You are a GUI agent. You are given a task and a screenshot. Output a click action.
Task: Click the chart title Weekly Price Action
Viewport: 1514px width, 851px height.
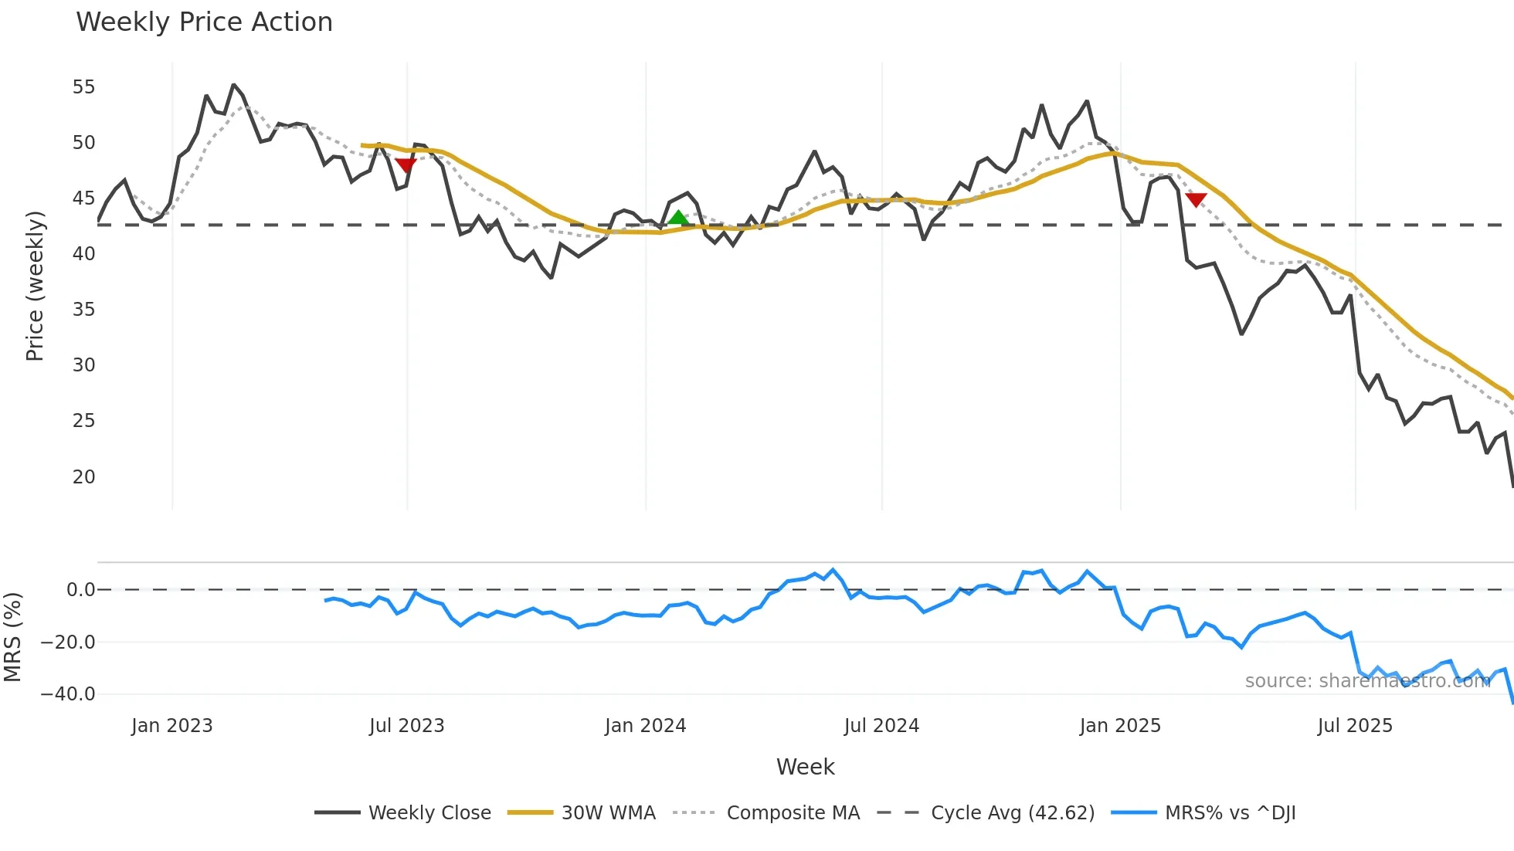click(x=204, y=22)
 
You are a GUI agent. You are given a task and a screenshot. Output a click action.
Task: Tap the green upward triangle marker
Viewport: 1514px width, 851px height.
click(x=678, y=218)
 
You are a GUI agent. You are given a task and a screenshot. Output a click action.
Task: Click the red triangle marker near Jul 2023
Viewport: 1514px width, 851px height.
click(x=406, y=164)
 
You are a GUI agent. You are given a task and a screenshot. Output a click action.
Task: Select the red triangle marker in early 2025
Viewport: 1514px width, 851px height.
click(x=1196, y=200)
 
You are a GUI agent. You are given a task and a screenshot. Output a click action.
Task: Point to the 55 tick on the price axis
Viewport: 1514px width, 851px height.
click(x=83, y=87)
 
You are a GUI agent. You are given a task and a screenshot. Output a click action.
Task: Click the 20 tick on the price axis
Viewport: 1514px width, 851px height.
click(x=83, y=477)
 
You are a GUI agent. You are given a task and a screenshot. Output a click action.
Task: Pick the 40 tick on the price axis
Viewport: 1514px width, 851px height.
click(x=83, y=254)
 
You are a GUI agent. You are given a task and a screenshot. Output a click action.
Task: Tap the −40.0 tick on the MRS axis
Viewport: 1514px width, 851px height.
click(x=68, y=694)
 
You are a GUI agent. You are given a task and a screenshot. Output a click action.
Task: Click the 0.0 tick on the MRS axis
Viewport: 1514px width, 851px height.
click(x=80, y=590)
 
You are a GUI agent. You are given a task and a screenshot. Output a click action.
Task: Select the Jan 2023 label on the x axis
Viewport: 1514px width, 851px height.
click(x=171, y=726)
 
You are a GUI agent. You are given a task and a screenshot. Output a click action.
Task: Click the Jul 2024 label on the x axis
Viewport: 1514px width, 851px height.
click(x=881, y=726)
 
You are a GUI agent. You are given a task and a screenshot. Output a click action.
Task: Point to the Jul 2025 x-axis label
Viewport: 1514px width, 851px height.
click(x=1355, y=726)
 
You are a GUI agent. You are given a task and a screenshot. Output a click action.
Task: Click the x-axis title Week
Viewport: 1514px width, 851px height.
click(x=805, y=767)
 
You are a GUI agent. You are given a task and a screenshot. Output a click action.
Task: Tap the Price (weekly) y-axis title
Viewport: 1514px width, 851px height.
click(x=35, y=286)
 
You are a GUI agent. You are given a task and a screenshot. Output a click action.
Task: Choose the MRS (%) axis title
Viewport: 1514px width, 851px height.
click(x=12, y=637)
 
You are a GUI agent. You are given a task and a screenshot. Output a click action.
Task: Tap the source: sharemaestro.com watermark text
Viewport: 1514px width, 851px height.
click(x=1367, y=681)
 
